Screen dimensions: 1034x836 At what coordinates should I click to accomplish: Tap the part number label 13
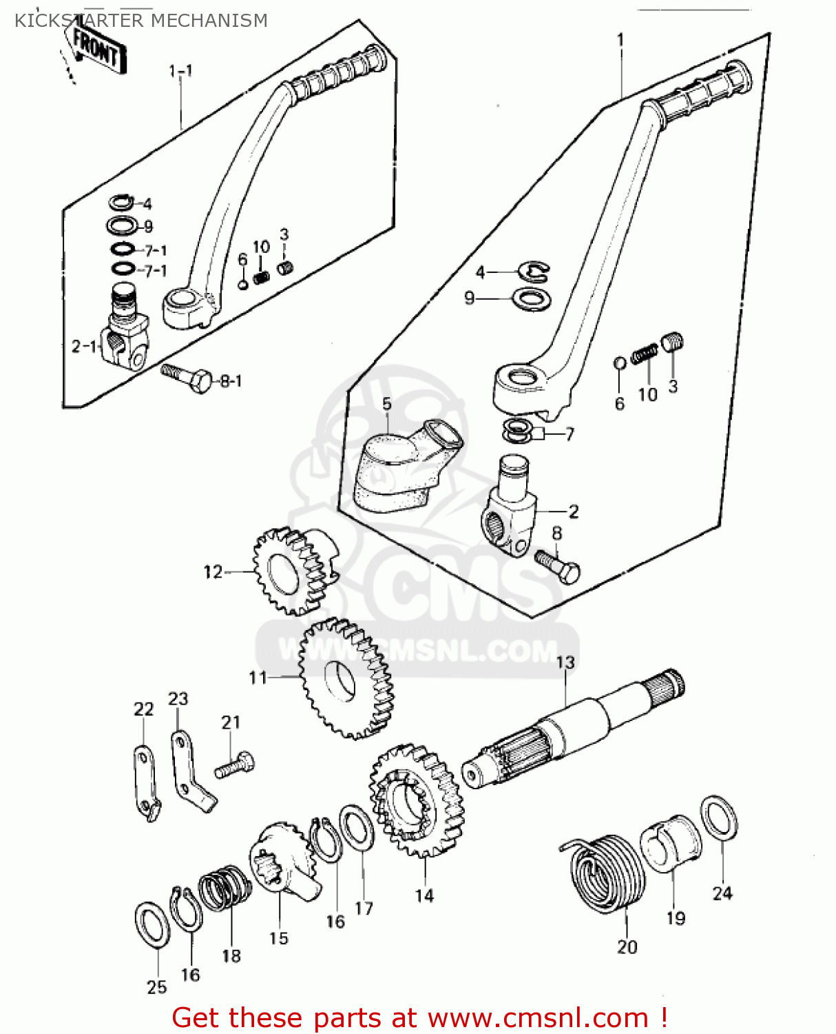tap(565, 662)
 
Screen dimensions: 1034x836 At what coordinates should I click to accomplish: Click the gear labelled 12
tap(292, 570)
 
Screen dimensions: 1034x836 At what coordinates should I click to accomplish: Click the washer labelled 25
tap(151, 924)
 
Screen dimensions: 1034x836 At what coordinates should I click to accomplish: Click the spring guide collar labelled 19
tap(670, 842)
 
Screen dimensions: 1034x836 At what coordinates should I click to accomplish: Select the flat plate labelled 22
tap(145, 783)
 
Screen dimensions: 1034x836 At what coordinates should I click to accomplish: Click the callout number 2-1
tap(84, 346)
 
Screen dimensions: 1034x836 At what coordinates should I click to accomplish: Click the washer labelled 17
tap(357, 828)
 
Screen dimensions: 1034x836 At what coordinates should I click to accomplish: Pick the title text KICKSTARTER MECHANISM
tap(140, 21)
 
